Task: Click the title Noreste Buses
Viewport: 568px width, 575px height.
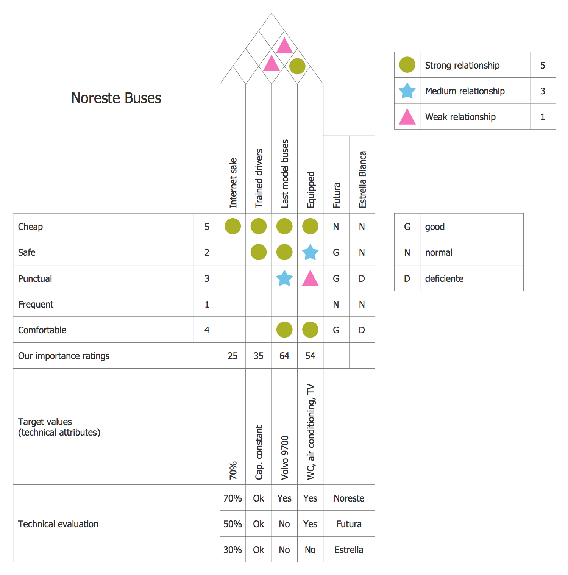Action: pyautogui.click(x=116, y=98)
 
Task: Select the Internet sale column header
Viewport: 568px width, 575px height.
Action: pyautogui.click(x=233, y=183)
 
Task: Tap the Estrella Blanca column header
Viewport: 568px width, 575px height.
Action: pyautogui.click(x=362, y=180)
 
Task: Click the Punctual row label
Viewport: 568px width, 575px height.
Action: pyautogui.click(x=35, y=278)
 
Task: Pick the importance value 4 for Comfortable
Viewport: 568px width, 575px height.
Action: pyautogui.click(x=207, y=330)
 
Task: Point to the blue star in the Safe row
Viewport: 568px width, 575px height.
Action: pyautogui.click(x=310, y=252)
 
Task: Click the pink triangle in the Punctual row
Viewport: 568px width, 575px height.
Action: pyautogui.click(x=310, y=279)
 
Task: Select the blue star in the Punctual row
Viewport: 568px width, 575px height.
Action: pyautogui.click(x=284, y=278)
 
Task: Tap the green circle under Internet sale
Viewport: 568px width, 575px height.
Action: pyautogui.click(x=233, y=227)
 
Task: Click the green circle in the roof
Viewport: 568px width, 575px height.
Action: pyautogui.click(x=297, y=66)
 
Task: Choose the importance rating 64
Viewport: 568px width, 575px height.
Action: pyautogui.click(x=284, y=356)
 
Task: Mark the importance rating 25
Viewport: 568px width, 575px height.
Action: pyautogui.click(x=233, y=356)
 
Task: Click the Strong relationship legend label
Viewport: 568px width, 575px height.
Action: pyautogui.click(x=462, y=65)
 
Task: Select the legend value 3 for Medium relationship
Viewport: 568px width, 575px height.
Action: pyautogui.click(x=543, y=91)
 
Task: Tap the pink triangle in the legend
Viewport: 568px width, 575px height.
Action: pyautogui.click(x=407, y=117)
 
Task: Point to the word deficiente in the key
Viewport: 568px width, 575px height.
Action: pyautogui.click(x=444, y=278)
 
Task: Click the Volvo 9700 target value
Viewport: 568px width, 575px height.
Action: pyautogui.click(x=285, y=458)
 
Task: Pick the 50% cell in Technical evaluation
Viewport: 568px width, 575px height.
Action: pyautogui.click(x=233, y=524)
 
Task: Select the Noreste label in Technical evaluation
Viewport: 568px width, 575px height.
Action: pyautogui.click(x=349, y=498)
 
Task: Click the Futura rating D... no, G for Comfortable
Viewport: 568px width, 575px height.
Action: pyautogui.click(x=336, y=330)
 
